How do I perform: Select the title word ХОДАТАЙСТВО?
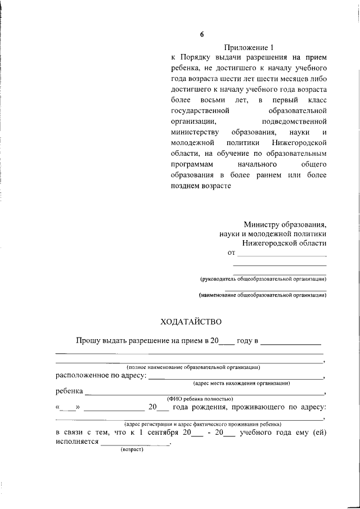(x=191, y=322)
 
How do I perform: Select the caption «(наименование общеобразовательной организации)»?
(x=263, y=295)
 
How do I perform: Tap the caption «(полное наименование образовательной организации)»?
(x=193, y=367)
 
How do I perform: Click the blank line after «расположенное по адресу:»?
(x=236, y=377)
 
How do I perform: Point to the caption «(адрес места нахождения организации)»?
(x=241, y=383)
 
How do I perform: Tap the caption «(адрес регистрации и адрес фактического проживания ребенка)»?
(x=202, y=424)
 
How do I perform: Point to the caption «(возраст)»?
(x=132, y=449)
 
